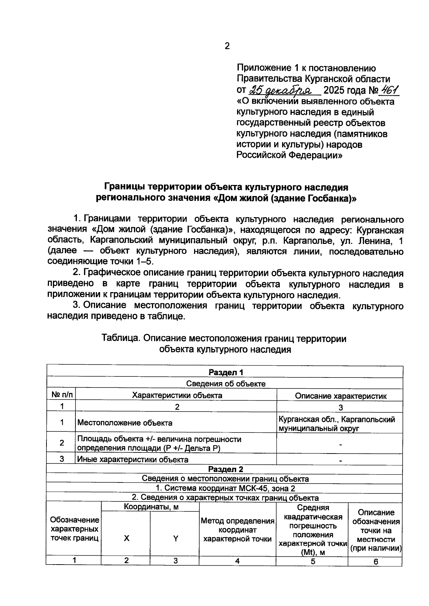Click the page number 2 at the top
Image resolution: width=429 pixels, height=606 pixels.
(227, 46)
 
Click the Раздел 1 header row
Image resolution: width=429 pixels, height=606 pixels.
(226, 372)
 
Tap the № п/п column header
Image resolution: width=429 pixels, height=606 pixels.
(61, 395)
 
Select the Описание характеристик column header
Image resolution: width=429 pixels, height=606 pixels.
(340, 396)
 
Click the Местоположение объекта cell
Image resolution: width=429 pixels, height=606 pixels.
(125, 423)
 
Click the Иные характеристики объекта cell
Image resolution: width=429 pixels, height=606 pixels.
(133, 460)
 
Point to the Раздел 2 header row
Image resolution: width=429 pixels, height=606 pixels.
(226, 469)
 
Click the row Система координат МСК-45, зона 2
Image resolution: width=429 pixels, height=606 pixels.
(226, 488)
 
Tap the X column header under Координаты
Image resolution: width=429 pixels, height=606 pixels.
(127, 539)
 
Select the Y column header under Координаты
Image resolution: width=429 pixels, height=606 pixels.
(176, 539)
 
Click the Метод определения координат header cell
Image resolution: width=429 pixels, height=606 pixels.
(237, 530)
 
